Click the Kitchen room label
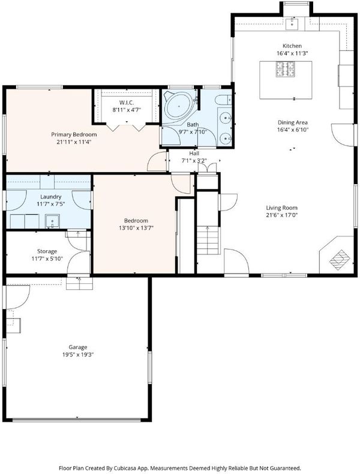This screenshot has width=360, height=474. pyautogui.click(x=292, y=46)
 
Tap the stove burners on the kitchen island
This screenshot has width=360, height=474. pyautogui.click(x=285, y=69)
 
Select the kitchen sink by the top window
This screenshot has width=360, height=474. pyautogui.click(x=292, y=24)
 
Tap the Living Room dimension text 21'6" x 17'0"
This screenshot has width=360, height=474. pyautogui.click(x=282, y=215)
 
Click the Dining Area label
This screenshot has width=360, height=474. pyautogui.click(x=293, y=122)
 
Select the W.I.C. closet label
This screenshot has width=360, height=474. pyautogui.click(x=127, y=103)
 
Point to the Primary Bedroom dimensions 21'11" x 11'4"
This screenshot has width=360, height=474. pyautogui.click(x=74, y=142)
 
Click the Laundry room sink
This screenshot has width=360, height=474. pyautogui.click(x=53, y=221)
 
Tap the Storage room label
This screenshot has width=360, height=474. pyautogui.click(x=47, y=251)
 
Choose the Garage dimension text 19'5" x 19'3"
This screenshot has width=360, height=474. pyautogui.click(x=77, y=355)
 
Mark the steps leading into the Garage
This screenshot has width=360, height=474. pyautogui.click(x=79, y=284)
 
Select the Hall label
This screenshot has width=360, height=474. pyautogui.click(x=194, y=153)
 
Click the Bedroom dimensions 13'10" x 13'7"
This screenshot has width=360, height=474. pyautogui.click(x=136, y=228)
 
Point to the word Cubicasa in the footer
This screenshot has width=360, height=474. pyautogui.click(x=124, y=468)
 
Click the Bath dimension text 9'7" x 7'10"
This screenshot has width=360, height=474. pyautogui.click(x=193, y=132)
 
